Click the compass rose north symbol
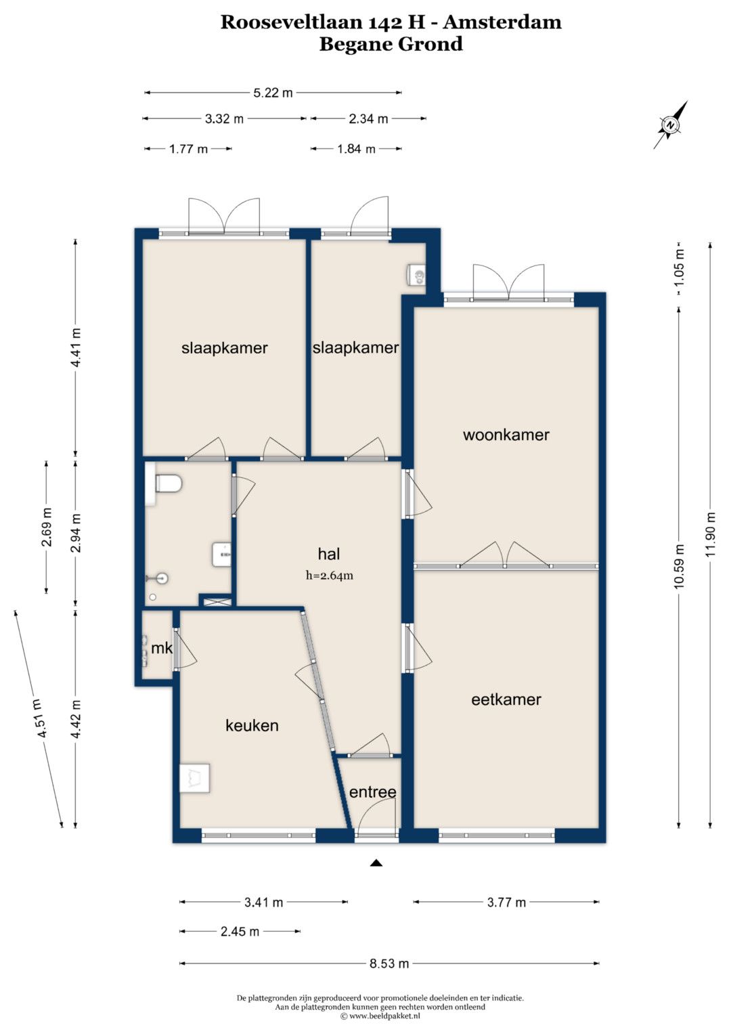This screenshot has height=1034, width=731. [671, 125]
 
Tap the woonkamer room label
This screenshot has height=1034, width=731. [506, 435]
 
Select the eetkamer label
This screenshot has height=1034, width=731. [506, 699]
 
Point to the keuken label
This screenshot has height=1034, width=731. [252, 726]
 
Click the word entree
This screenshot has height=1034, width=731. [372, 792]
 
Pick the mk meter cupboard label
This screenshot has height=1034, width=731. [162, 648]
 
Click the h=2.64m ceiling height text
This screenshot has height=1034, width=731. [330, 576]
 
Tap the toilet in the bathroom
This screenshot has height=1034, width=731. [168, 483]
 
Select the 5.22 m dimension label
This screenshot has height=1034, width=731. [273, 93]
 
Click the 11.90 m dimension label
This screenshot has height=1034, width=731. [710, 534]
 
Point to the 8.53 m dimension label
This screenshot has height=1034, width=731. [389, 964]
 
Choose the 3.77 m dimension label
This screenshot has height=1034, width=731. [506, 903]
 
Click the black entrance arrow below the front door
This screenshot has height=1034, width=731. [377, 862]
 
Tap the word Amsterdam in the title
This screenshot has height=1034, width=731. [502, 22]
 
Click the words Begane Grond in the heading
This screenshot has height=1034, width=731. [391, 44]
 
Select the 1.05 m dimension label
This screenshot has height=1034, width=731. [678, 274]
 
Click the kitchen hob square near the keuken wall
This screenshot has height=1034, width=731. [195, 778]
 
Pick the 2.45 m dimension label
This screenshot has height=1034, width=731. [240, 932]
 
